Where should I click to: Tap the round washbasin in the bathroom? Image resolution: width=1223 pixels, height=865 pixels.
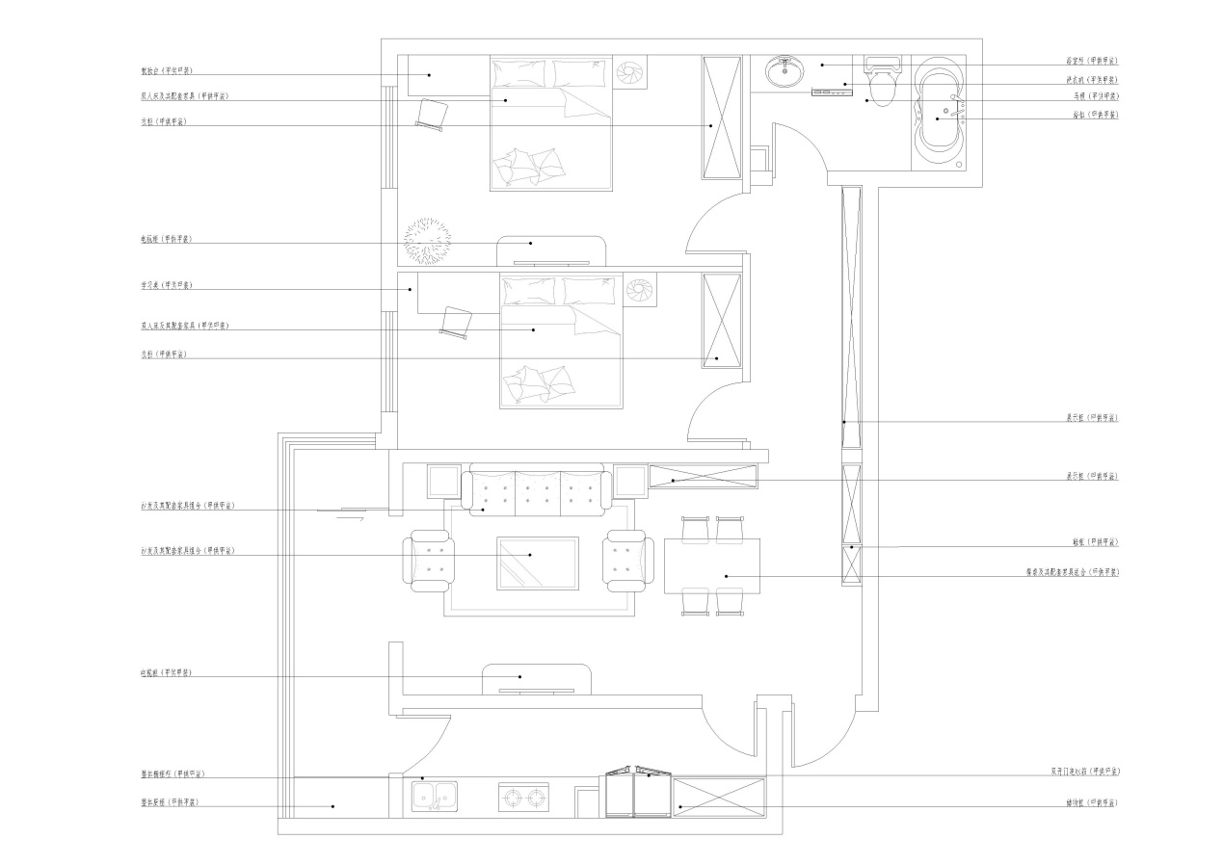[x=785, y=70]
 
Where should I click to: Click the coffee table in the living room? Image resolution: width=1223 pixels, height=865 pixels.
[x=538, y=562]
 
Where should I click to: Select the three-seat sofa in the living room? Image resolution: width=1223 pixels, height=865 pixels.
[x=537, y=489]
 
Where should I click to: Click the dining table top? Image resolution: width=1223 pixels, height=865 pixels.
[x=712, y=565]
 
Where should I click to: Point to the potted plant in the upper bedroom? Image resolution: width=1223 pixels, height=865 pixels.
[x=426, y=241]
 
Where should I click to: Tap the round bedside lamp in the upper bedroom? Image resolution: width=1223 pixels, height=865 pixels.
[x=632, y=72]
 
